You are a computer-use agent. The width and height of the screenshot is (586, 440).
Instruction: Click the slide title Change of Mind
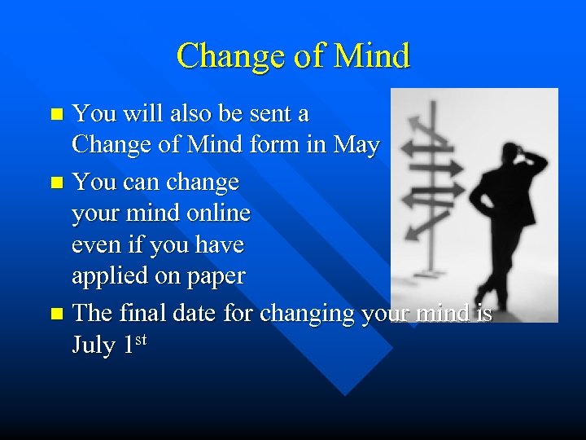(293, 56)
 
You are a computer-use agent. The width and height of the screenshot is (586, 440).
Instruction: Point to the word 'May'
(356, 146)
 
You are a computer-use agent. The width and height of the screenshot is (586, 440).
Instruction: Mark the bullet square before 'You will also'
(55, 114)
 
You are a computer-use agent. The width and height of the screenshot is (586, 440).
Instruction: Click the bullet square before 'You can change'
(55, 181)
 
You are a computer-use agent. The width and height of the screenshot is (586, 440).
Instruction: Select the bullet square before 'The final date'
(55, 314)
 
